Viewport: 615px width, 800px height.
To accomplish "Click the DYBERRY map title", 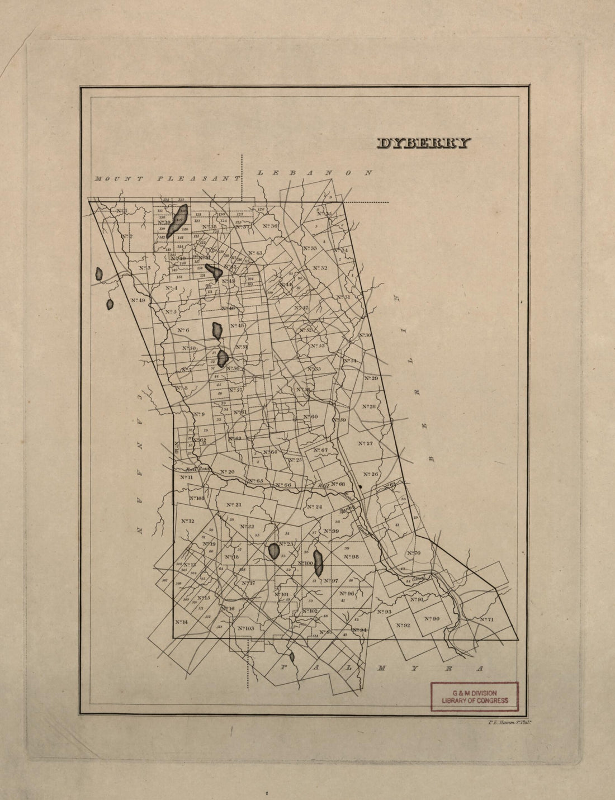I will click(x=424, y=144).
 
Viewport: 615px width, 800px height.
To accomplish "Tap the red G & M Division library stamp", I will click(x=475, y=697).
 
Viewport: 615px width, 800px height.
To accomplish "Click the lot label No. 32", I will click(x=320, y=268).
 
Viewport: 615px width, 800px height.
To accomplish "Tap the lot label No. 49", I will click(x=138, y=300).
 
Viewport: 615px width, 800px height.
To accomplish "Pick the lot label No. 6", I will click(x=183, y=330).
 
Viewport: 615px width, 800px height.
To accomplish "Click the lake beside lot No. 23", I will click(x=273, y=551).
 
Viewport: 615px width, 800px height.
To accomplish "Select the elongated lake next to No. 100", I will click(x=319, y=563).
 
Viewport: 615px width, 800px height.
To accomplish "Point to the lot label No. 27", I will click(x=365, y=443).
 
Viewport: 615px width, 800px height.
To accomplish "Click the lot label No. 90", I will click(x=432, y=618).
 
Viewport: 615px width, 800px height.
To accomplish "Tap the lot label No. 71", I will click(x=486, y=619).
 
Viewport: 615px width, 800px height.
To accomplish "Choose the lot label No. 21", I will click(x=234, y=505).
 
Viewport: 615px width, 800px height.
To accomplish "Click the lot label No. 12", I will click(x=188, y=521).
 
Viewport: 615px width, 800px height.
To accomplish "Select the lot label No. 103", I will click(x=245, y=628).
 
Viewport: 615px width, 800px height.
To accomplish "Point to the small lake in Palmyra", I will click(x=291, y=657).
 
